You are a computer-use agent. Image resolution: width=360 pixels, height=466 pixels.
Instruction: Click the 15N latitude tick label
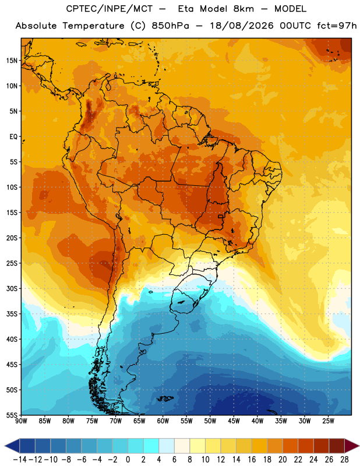[x=12, y=61]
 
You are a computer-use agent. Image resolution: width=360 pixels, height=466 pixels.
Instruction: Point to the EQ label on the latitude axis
[x=13, y=137]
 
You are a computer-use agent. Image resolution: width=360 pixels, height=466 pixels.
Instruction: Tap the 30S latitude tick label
[x=12, y=288]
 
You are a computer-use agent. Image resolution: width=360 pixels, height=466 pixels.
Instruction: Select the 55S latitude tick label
[x=12, y=415]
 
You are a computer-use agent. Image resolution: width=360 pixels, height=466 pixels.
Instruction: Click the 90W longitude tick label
[x=22, y=421]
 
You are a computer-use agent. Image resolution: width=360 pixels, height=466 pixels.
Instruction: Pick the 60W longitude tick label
[x=163, y=421]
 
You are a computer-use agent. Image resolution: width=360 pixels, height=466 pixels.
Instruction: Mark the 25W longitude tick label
[x=328, y=421]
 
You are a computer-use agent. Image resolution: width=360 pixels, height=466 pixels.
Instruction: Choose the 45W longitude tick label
[x=234, y=421]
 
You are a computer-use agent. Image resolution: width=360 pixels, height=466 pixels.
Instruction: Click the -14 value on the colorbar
[x=20, y=460]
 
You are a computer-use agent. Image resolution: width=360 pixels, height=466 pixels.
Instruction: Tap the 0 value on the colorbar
[x=128, y=460]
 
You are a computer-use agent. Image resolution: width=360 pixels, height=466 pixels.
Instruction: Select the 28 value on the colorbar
[x=344, y=460]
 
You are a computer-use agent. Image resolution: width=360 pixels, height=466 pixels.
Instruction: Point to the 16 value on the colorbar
[x=252, y=460]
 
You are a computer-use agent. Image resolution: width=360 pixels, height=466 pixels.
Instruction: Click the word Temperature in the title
[x=93, y=26]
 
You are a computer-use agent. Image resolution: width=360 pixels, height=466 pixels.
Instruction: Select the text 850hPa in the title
[x=170, y=26]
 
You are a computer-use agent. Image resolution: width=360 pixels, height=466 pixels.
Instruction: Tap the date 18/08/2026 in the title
[x=241, y=26]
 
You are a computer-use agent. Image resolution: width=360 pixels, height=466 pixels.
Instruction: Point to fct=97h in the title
[x=337, y=26]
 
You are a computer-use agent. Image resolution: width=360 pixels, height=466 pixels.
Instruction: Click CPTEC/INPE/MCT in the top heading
[x=110, y=9]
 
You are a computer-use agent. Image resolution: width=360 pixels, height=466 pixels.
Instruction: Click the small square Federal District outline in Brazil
[x=221, y=216]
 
